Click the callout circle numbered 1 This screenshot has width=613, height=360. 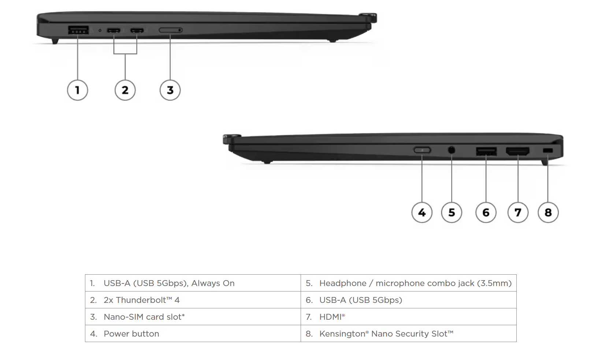pyautogui.click(x=78, y=90)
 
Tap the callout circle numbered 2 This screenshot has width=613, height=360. pyautogui.click(x=125, y=90)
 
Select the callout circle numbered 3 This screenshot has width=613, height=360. pyautogui.click(x=170, y=90)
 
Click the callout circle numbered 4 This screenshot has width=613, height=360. pyautogui.click(x=422, y=212)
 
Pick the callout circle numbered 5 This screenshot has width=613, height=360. pyautogui.click(x=452, y=212)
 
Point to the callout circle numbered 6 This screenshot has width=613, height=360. pyautogui.click(x=486, y=212)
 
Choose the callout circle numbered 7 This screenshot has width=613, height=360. pyautogui.click(x=518, y=212)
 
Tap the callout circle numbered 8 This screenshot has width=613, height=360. pyautogui.click(x=548, y=212)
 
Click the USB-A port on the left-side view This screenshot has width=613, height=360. pyautogui.click(x=78, y=30)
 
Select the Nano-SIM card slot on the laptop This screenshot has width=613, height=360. pyautogui.click(x=170, y=30)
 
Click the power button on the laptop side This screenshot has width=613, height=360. pyautogui.click(x=422, y=150)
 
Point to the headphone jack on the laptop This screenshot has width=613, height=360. pyautogui.click(x=452, y=150)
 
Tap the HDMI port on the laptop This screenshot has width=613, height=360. pyautogui.click(x=517, y=151)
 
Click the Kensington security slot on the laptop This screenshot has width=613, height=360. pyautogui.click(x=548, y=151)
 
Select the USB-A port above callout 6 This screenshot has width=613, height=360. pyautogui.click(x=486, y=151)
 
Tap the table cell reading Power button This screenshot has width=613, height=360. pyautogui.click(x=131, y=334)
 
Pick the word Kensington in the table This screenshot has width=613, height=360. pyautogui.click(x=342, y=334)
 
